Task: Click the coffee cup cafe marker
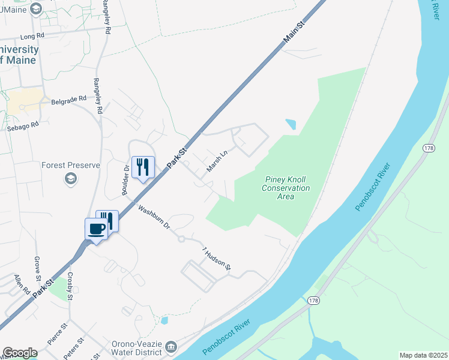click(97, 229)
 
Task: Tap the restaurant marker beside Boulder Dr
click(142, 167)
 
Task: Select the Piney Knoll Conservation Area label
click(286, 188)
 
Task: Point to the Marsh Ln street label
click(217, 161)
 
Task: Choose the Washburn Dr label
click(154, 219)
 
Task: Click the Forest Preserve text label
click(71, 165)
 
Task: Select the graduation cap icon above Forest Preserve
click(71, 178)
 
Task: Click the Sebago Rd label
click(22, 126)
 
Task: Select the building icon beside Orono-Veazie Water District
click(171, 347)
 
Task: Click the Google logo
click(20, 353)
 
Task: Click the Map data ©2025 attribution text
click(423, 355)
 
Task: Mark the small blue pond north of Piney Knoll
click(291, 125)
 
